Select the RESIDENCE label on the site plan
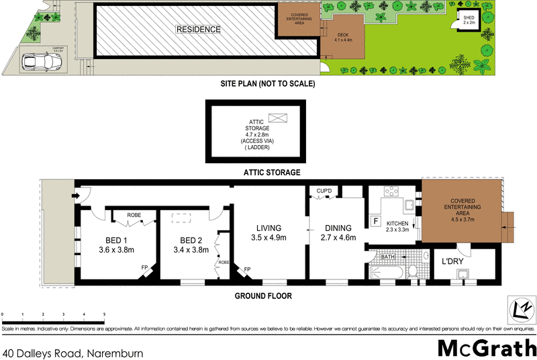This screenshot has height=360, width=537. (x=198, y=30)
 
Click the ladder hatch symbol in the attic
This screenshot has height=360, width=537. (x=277, y=118)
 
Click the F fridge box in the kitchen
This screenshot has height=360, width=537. (x=376, y=221)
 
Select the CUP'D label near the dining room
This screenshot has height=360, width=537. (x=326, y=191)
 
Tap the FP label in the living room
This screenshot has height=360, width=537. (x=247, y=269)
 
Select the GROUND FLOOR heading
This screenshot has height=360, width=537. (x=263, y=296)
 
